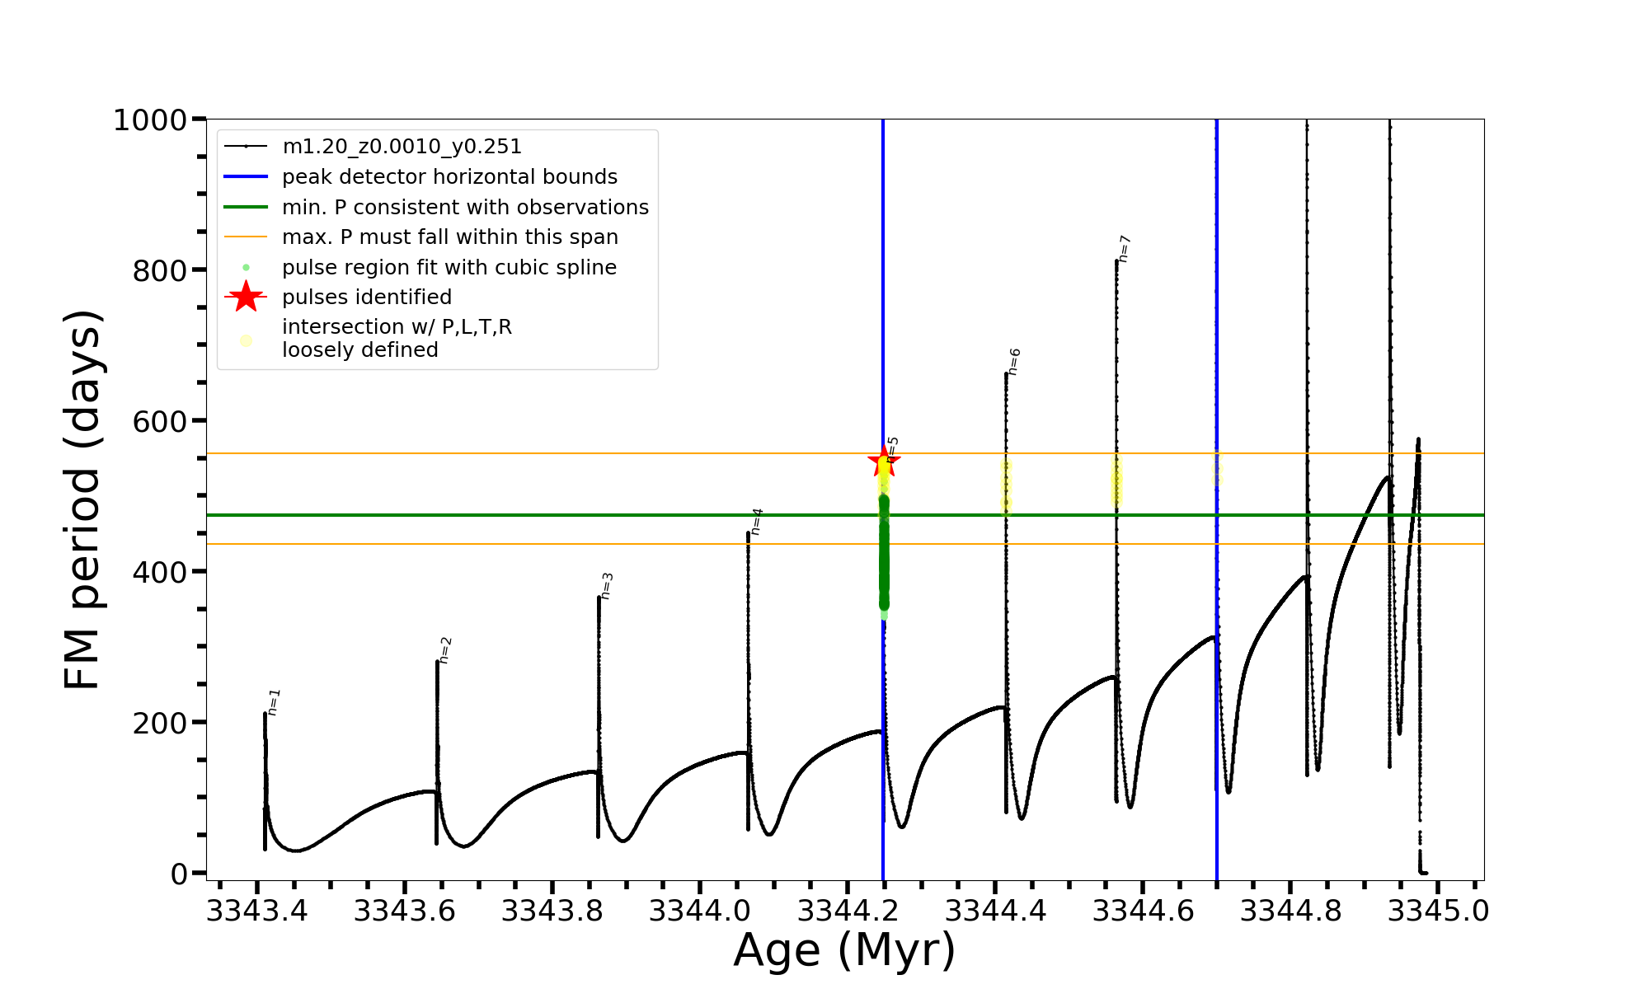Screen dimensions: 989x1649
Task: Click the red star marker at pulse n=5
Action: coord(884,462)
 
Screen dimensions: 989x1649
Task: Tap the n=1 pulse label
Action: coord(274,702)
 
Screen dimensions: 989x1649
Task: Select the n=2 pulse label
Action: coord(445,650)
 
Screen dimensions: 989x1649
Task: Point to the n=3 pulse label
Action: coord(607,586)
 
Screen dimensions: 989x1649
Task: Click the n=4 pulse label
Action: coord(757,522)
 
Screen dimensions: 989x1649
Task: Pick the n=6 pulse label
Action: coord(1014,362)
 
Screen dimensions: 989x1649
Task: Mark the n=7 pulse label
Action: coord(1125,249)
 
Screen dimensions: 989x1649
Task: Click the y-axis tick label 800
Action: coord(159,270)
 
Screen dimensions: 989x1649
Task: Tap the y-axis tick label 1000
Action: coord(150,120)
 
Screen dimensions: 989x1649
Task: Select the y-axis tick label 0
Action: coord(179,874)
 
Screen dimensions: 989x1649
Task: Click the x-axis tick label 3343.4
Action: coord(256,912)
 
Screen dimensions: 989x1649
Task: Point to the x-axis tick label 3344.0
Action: coord(700,912)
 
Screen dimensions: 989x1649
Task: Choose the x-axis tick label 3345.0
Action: coord(1438,912)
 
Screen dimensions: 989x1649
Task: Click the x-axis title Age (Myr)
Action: coord(844,950)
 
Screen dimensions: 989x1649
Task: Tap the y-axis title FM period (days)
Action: coord(82,499)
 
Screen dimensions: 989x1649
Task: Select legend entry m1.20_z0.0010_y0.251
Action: coord(402,147)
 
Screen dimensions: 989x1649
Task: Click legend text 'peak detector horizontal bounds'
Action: coord(449,177)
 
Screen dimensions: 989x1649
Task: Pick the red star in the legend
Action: coord(246,297)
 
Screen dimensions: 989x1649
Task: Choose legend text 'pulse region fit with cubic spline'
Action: coord(449,268)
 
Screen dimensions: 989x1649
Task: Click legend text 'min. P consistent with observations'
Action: coord(465,208)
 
